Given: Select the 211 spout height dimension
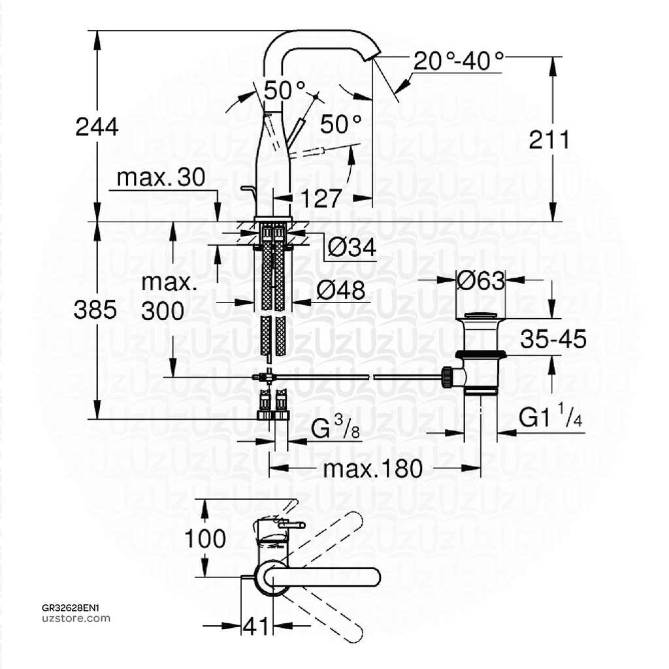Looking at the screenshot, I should tap(549, 139).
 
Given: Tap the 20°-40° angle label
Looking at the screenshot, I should tap(459, 62).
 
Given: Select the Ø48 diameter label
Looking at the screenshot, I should tap(342, 291).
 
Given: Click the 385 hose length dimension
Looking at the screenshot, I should tap(95, 310).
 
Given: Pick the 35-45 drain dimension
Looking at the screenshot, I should tap(553, 339).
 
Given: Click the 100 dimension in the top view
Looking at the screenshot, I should tap(204, 539).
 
